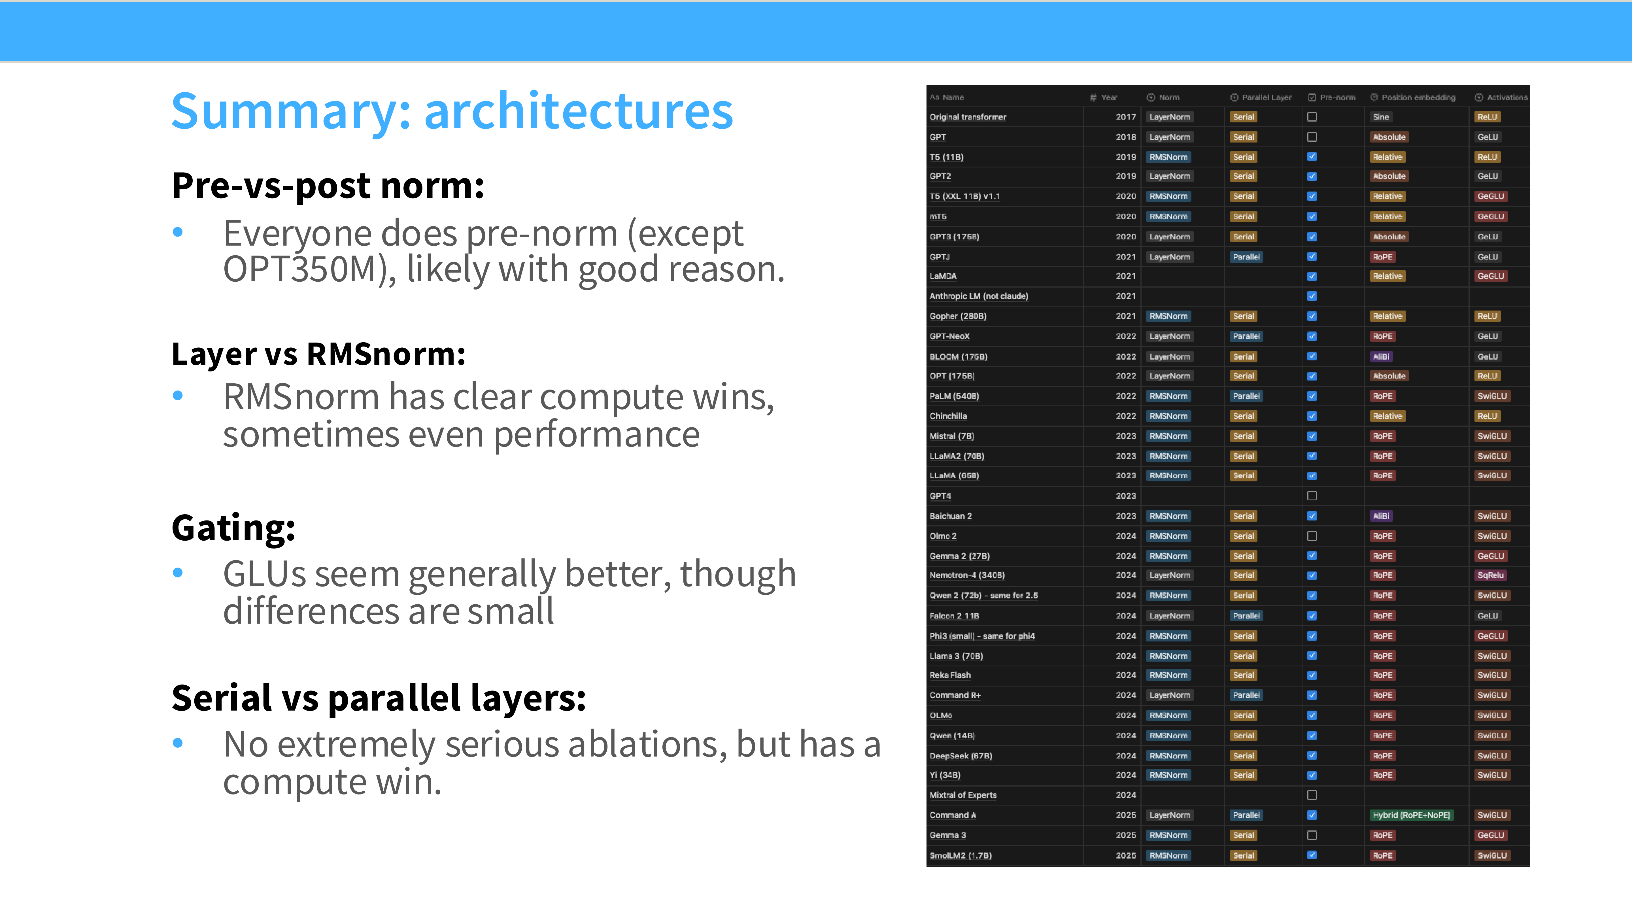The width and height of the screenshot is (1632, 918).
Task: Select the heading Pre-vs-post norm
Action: [328, 186]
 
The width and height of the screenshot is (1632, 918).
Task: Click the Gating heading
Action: [233, 528]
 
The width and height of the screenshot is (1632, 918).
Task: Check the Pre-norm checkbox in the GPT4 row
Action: [1312, 496]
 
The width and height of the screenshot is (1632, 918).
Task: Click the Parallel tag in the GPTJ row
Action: [1246, 257]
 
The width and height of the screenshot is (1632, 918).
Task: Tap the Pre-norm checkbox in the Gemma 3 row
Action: [1312, 835]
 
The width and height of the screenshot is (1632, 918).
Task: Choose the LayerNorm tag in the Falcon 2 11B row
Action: [1170, 616]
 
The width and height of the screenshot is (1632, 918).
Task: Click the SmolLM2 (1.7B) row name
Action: [960, 855]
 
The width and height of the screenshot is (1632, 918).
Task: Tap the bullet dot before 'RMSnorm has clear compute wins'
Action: [178, 396]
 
